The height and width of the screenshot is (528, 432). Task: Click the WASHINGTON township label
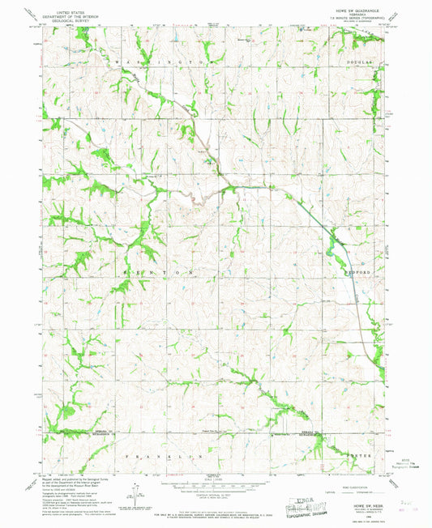[154, 62]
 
